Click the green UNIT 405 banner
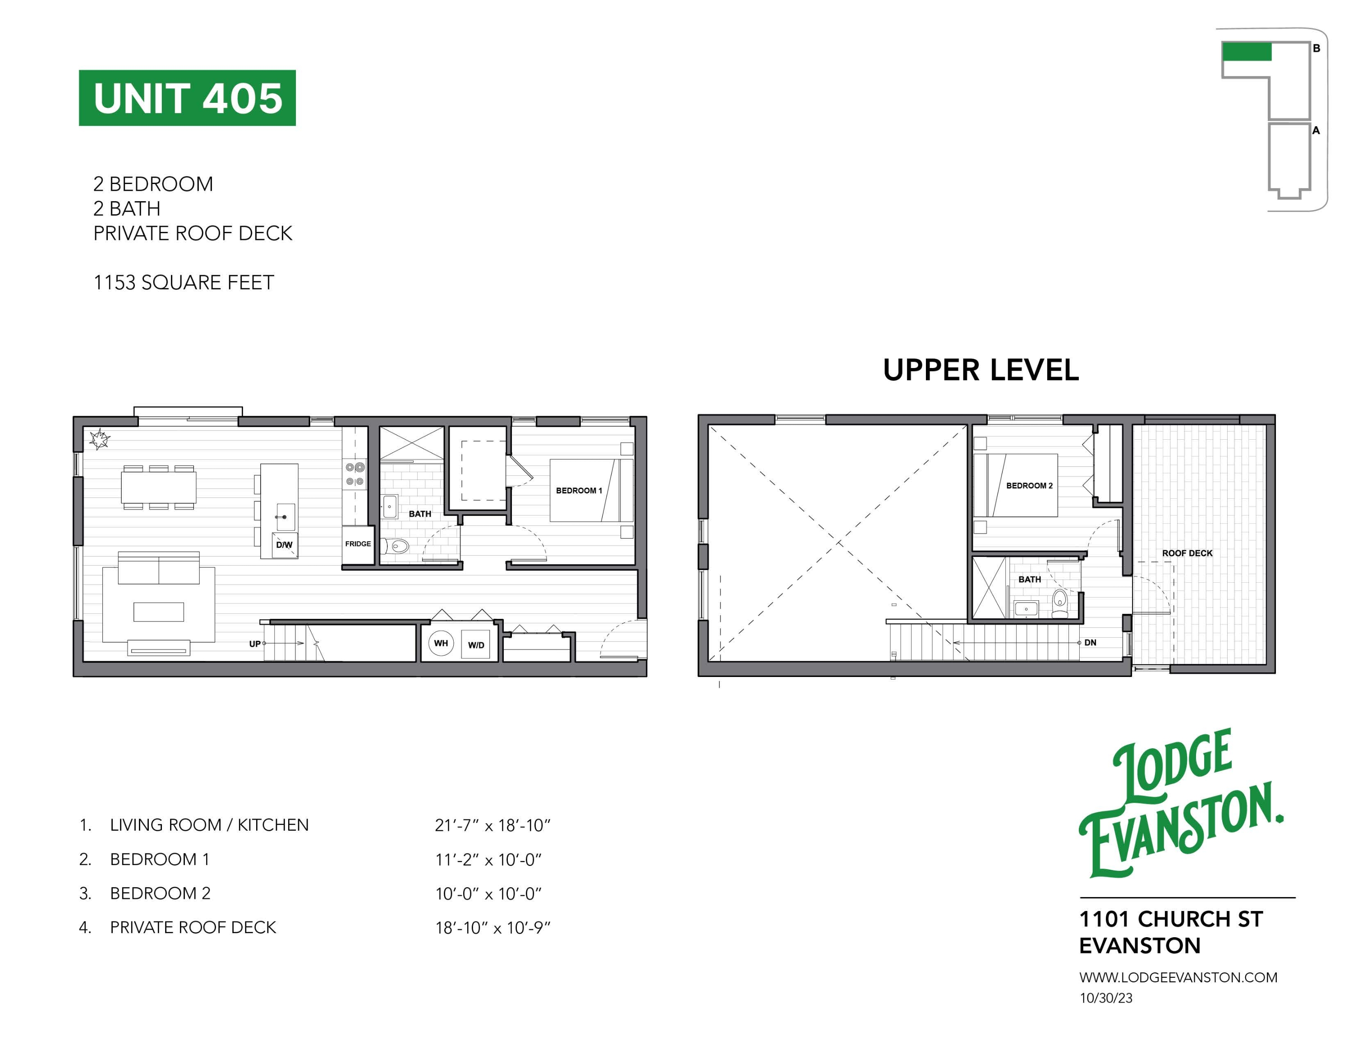(x=187, y=98)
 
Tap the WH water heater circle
(x=441, y=643)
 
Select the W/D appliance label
(x=476, y=645)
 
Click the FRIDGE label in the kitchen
(x=358, y=543)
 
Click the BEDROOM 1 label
(x=579, y=490)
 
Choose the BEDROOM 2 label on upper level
(x=1029, y=486)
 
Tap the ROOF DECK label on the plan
(x=1187, y=553)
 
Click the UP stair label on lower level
(x=255, y=644)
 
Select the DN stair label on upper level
(x=1091, y=642)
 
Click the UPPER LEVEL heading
(x=980, y=370)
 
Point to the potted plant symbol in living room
(x=99, y=439)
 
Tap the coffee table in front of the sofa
(x=159, y=612)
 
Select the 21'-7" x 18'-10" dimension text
(x=492, y=825)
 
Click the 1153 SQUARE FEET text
(x=184, y=282)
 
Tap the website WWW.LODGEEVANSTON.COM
(x=1178, y=977)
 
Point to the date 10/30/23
(x=1106, y=998)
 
